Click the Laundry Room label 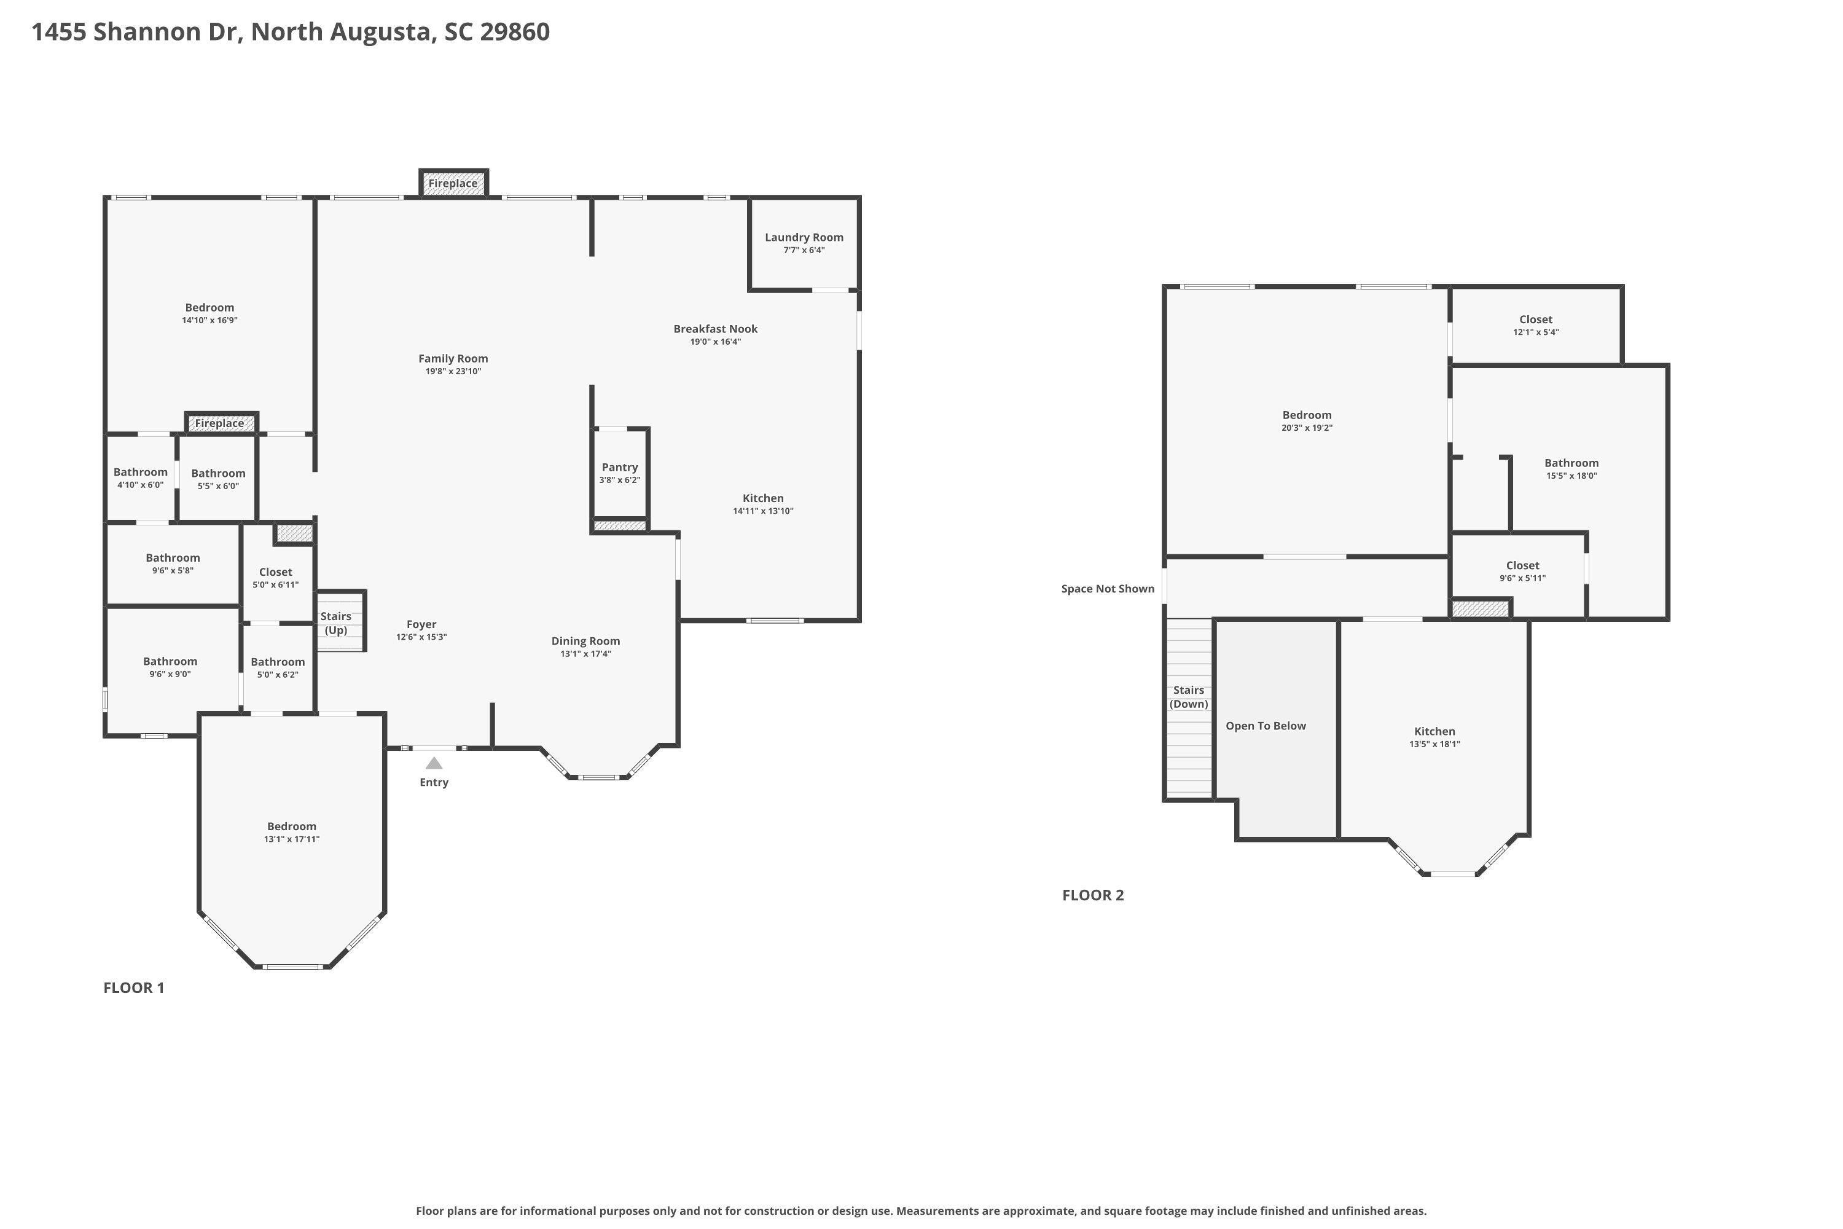point(804,237)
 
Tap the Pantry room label point(620,467)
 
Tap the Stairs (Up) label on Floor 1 point(336,623)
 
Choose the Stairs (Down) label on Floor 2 point(1189,697)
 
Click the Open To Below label point(1266,726)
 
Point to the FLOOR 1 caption point(134,988)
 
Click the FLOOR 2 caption point(1093,895)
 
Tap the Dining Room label point(585,641)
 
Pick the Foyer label point(421,625)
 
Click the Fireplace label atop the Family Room point(453,183)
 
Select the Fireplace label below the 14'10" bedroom point(219,423)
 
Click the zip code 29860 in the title point(515,32)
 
